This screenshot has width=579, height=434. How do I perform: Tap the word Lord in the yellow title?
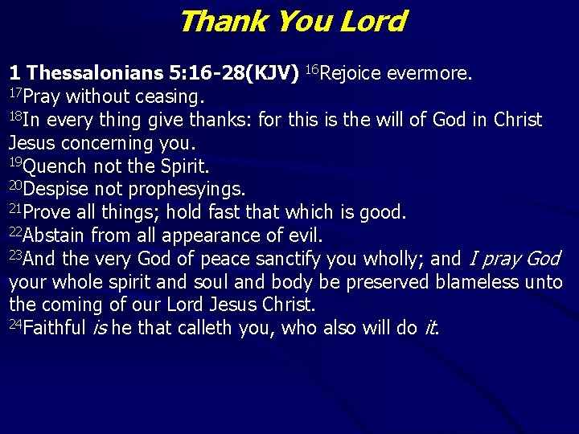(372, 21)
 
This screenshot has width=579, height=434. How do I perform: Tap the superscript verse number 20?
(16, 186)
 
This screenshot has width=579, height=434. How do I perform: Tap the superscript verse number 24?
(16, 324)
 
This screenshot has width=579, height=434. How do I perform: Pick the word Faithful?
(56, 329)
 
